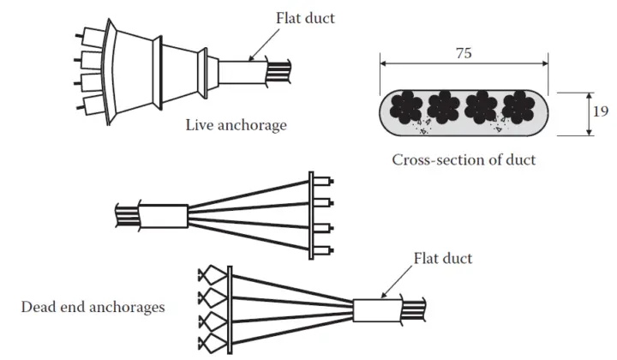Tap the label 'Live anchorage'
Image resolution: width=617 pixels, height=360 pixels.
(236, 125)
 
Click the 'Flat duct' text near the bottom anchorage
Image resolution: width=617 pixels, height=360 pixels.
(442, 257)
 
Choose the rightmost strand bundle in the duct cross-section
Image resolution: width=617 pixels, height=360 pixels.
(518, 108)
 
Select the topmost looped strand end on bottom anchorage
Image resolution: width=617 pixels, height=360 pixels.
(211, 275)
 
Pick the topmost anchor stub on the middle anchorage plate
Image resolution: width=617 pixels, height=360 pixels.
(323, 182)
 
